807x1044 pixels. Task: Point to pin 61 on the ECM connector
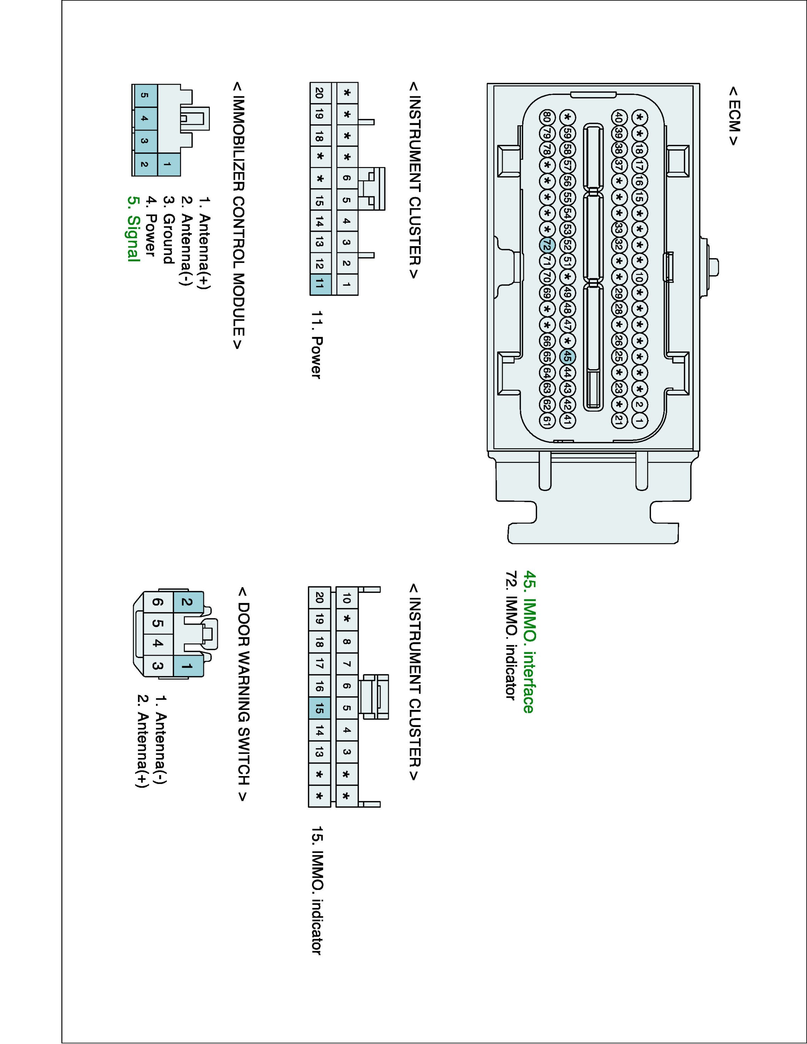pyautogui.click(x=547, y=421)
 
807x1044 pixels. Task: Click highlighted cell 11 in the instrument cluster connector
pyautogui.click(x=319, y=284)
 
